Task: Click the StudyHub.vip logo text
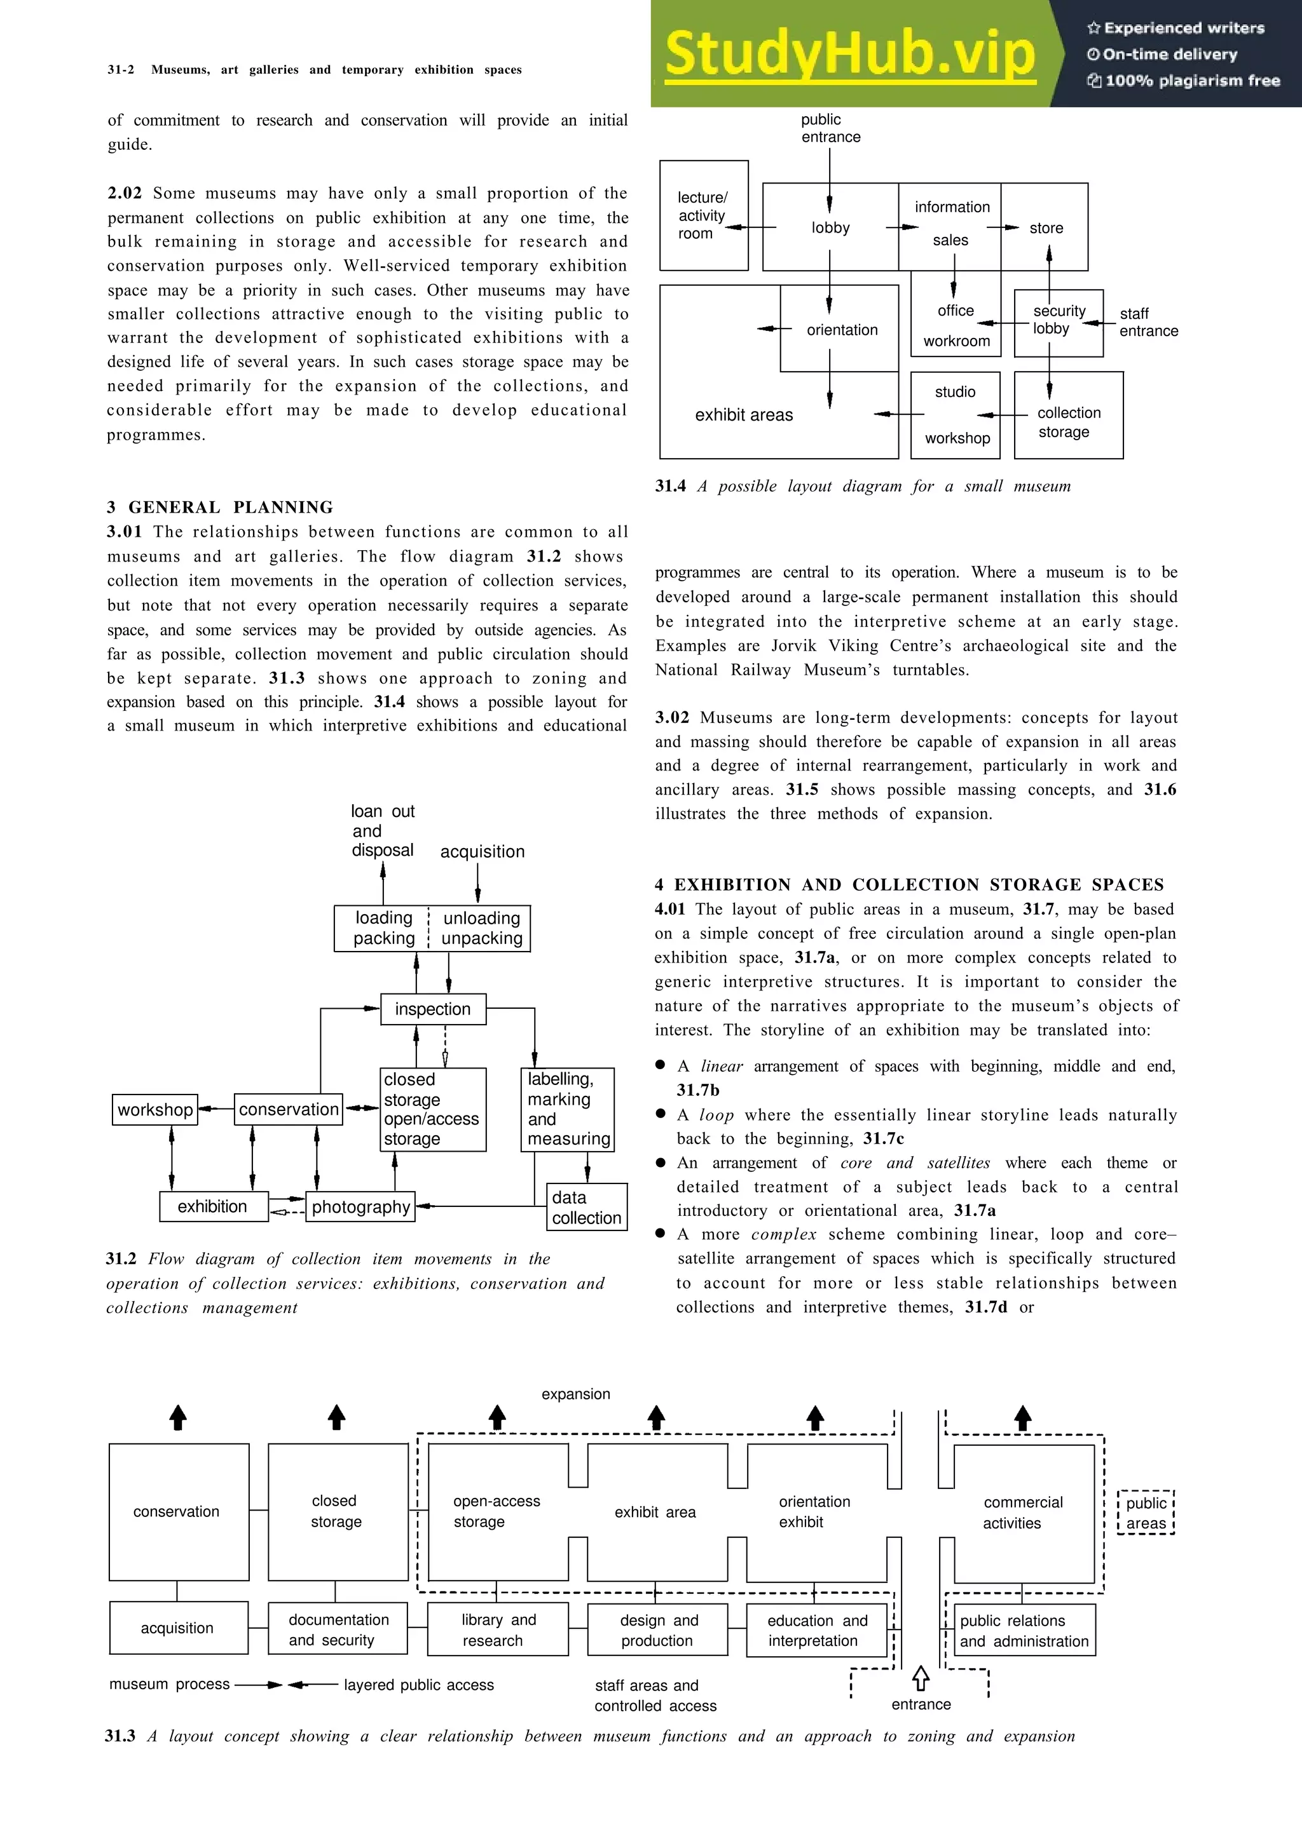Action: pyautogui.click(x=851, y=55)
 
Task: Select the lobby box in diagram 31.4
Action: pyautogui.click(x=830, y=227)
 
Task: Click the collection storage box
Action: pyautogui.click(x=1068, y=415)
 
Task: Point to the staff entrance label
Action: pyautogui.click(x=1148, y=322)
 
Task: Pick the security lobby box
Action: pyautogui.click(x=1058, y=322)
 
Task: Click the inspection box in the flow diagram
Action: pyautogui.click(x=433, y=1009)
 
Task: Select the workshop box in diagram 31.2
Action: pyautogui.click(x=155, y=1110)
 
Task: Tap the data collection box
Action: pyautogui.click(x=586, y=1208)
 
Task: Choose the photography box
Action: pyautogui.click(x=360, y=1207)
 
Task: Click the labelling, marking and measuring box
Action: pyautogui.click(x=567, y=1110)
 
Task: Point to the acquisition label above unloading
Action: pyautogui.click(x=482, y=851)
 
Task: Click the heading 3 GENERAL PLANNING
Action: pyautogui.click(x=220, y=507)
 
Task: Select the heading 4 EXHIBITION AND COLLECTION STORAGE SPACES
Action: pyautogui.click(x=909, y=884)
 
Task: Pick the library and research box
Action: pyautogui.click(x=497, y=1630)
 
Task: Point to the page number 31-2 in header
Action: pyautogui.click(x=120, y=70)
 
